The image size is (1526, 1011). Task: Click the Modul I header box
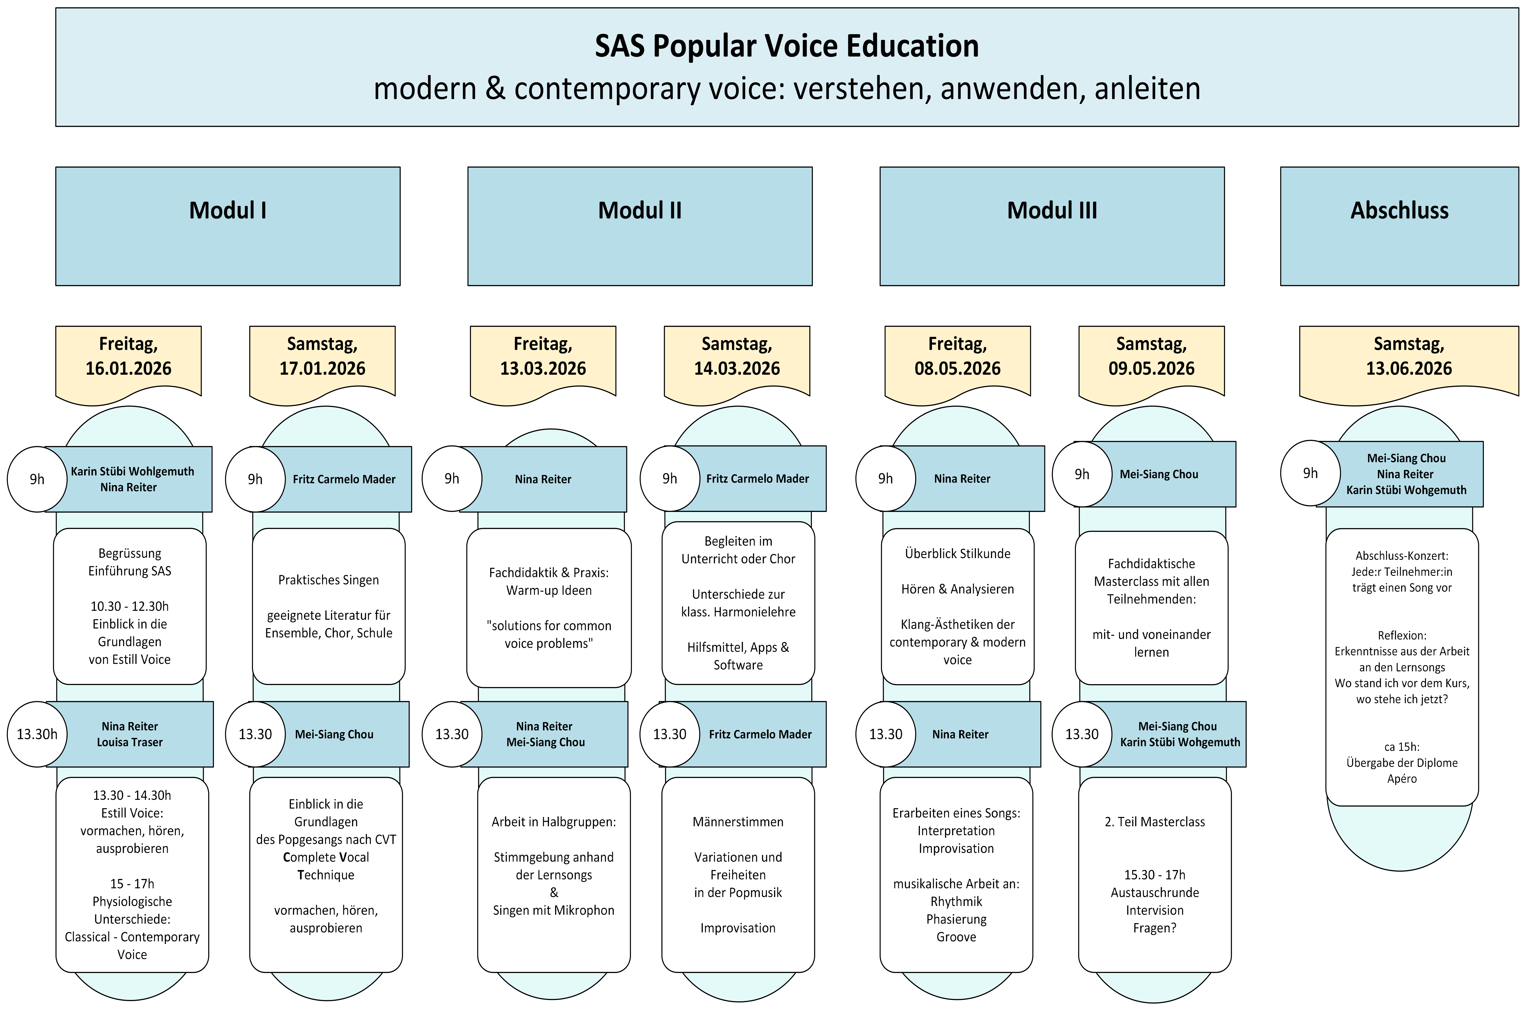[x=228, y=226]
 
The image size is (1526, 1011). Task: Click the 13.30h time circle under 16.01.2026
[x=37, y=734]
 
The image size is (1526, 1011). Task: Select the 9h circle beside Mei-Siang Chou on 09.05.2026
[x=1082, y=474]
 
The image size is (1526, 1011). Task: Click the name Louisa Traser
[x=130, y=742]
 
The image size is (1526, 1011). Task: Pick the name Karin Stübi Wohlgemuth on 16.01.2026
[x=132, y=471]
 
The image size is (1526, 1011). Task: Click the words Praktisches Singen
[x=328, y=580]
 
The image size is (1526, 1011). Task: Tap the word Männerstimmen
[x=738, y=821]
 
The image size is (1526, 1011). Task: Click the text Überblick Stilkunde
[x=957, y=553]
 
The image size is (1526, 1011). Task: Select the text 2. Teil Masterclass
[x=1155, y=821]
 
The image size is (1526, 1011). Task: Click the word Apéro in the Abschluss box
[x=1402, y=778]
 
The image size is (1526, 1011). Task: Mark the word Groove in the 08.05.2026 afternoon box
[x=956, y=937]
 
